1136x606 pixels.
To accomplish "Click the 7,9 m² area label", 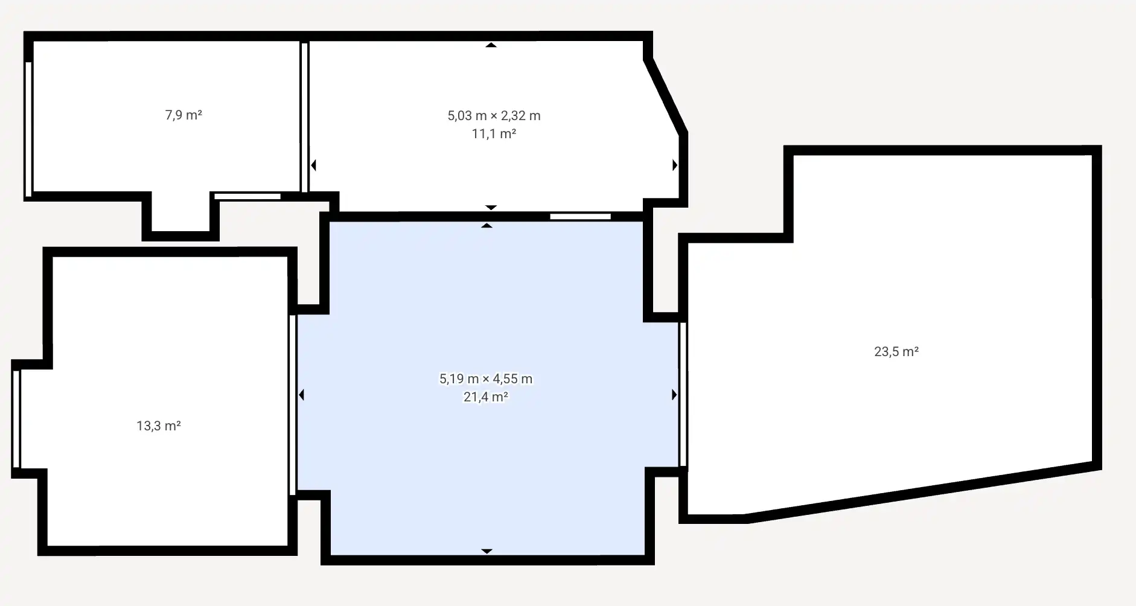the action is [183, 115].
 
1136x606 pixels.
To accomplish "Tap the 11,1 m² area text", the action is [494, 133].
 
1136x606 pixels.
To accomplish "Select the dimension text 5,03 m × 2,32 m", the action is [494, 115].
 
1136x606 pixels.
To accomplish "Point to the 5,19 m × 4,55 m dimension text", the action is [486, 378].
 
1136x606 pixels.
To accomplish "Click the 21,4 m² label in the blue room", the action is [486, 397].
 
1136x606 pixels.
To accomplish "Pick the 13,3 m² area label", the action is [159, 426].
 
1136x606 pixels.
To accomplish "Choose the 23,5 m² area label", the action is [896, 351].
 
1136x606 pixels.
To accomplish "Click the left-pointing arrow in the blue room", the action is [302, 395].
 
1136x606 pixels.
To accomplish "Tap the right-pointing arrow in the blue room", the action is [674, 395].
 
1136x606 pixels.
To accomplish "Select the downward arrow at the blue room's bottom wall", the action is [487, 551].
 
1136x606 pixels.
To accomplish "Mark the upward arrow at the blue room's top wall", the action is [487, 226].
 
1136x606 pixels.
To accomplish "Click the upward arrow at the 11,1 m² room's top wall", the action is [491, 45].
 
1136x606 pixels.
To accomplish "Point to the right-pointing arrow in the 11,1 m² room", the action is [675, 165].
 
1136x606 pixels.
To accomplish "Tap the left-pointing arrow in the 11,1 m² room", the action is [313, 165].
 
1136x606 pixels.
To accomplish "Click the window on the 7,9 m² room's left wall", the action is [28, 129].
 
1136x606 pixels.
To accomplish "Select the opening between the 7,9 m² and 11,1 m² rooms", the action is [305, 117].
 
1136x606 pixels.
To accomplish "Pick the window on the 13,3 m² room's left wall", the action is [16, 419].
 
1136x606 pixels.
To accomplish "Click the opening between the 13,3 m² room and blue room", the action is [293, 405].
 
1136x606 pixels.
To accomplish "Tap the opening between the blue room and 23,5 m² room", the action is [683, 395].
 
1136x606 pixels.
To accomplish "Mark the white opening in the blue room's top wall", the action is [580, 216].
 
